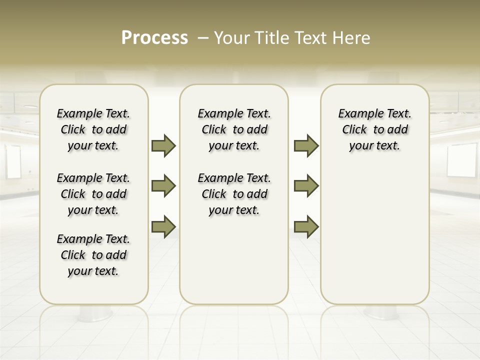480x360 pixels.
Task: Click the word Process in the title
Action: click(154, 38)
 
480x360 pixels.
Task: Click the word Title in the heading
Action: click(270, 38)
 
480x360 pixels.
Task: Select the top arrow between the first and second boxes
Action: click(163, 145)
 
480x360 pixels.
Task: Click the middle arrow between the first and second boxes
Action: click(163, 186)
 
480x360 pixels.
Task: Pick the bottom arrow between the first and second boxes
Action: click(163, 226)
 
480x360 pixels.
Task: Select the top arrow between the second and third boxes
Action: click(306, 145)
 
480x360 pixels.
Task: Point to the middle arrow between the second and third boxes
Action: click(306, 186)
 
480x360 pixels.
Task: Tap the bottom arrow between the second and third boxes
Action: click(306, 226)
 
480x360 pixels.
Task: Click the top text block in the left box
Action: click(93, 129)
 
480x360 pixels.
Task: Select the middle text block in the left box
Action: click(93, 194)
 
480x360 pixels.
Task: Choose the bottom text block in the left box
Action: click(93, 255)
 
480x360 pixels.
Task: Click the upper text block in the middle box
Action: click(234, 129)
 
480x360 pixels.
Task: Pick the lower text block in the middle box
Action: click(234, 194)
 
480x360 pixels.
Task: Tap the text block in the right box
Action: click(374, 129)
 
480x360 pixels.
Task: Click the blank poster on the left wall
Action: click(13, 162)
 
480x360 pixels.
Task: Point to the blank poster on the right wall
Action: click(462, 160)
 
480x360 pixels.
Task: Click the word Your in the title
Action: click(230, 38)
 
